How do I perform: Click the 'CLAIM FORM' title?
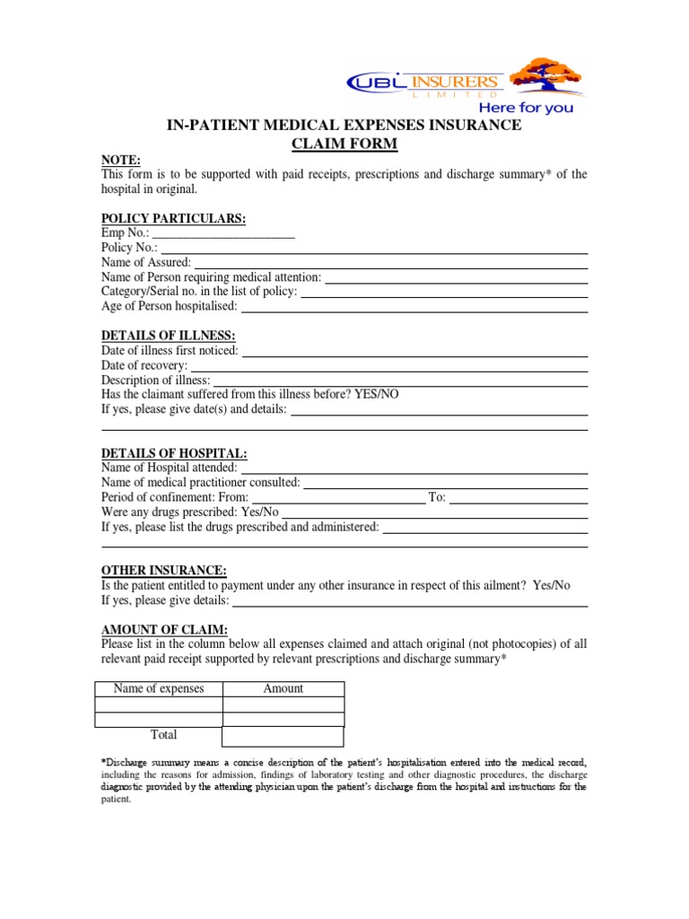tap(344, 144)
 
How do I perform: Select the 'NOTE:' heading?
tap(121, 160)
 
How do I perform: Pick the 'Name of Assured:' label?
tap(146, 262)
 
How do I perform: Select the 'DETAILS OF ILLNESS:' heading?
tap(168, 336)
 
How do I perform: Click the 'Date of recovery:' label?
tap(144, 365)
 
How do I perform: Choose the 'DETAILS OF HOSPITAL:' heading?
tap(174, 453)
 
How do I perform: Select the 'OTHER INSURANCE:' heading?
tap(164, 571)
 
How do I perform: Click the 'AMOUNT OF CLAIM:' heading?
tap(164, 629)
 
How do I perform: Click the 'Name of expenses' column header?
tap(159, 689)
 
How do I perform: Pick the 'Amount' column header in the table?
tap(283, 689)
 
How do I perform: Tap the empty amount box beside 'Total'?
tap(283, 736)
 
